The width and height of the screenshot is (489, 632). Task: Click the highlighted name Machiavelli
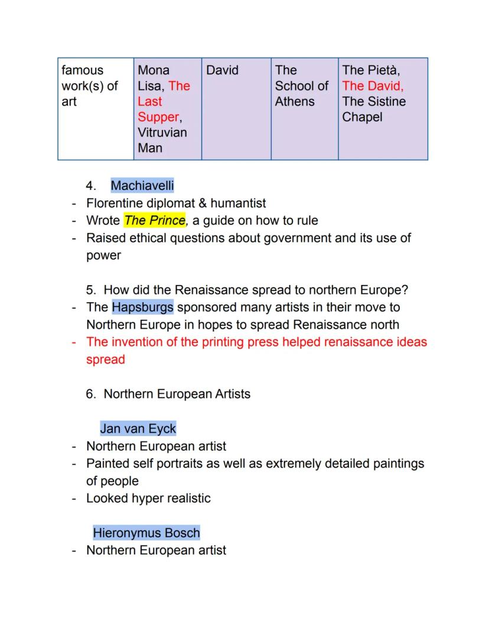[142, 186]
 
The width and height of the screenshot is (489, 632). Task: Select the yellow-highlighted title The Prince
[155, 221]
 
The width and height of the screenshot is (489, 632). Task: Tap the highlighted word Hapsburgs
[142, 307]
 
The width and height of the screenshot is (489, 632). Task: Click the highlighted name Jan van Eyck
[138, 428]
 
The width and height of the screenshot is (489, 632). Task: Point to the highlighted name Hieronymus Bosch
[146, 533]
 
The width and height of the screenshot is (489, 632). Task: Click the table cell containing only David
[222, 71]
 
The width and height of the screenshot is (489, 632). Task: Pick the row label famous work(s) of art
[90, 86]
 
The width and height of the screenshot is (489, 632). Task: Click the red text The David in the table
[373, 86]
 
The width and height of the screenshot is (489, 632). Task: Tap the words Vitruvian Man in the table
[162, 140]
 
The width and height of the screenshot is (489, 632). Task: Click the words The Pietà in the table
[370, 71]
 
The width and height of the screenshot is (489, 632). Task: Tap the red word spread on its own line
[106, 359]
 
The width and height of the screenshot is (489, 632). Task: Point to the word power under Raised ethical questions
[103, 256]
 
